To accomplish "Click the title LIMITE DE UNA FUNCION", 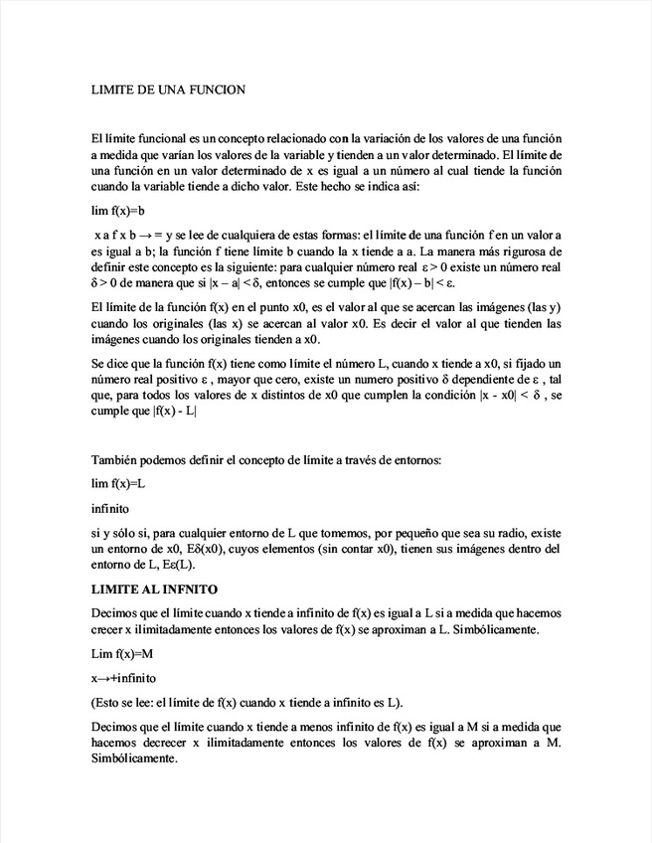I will click(167, 89).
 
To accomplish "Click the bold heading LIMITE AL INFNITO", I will click(154, 590).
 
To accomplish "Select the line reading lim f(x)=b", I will click(118, 211).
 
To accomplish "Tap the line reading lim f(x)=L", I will click(118, 483).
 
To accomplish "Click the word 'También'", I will click(115, 459).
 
